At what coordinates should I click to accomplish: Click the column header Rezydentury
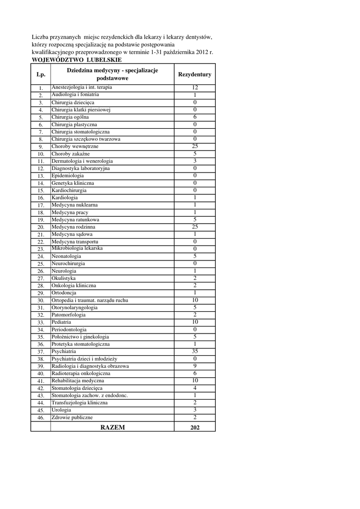(x=194, y=75)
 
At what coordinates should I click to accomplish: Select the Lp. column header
(x=40, y=75)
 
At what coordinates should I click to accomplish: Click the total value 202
(x=194, y=427)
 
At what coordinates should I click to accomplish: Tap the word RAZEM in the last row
(x=112, y=427)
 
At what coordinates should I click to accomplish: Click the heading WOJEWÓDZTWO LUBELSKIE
(x=77, y=60)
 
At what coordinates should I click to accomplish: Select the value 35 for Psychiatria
(x=194, y=351)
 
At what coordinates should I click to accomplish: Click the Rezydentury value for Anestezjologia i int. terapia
(x=194, y=87)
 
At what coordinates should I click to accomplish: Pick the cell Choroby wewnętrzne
(x=75, y=147)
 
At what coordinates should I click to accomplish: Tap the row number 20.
(x=41, y=227)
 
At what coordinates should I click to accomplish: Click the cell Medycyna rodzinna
(x=73, y=227)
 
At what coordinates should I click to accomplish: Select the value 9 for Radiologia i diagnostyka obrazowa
(x=194, y=366)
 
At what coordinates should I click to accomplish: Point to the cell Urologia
(x=61, y=410)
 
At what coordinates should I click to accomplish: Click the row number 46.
(x=41, y=418)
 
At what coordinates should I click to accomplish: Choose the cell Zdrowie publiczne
(x=72, y=418)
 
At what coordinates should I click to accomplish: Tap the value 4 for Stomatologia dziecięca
(x=194, y=388)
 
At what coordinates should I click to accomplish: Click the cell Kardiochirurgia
(x=69, y=190)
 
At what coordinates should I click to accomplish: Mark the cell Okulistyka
(x=64, y=278)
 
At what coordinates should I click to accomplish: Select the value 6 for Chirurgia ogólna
(x=194, y=117)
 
